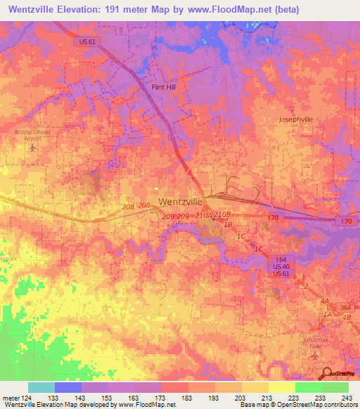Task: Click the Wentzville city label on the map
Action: tap(181, 201)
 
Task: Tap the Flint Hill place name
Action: tap(166, 87)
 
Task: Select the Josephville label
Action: tap(295, 119)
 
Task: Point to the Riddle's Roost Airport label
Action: tap(28, 135)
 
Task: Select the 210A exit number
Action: tap(202, 215)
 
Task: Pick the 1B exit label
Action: tap(227, 224)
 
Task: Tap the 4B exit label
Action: tap(346, 318)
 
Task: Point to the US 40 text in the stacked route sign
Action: tap(281, 266)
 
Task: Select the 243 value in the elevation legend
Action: tap(346, 396)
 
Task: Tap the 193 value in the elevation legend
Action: tap(213, 396)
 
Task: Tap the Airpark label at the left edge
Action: tap(8, 259)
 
